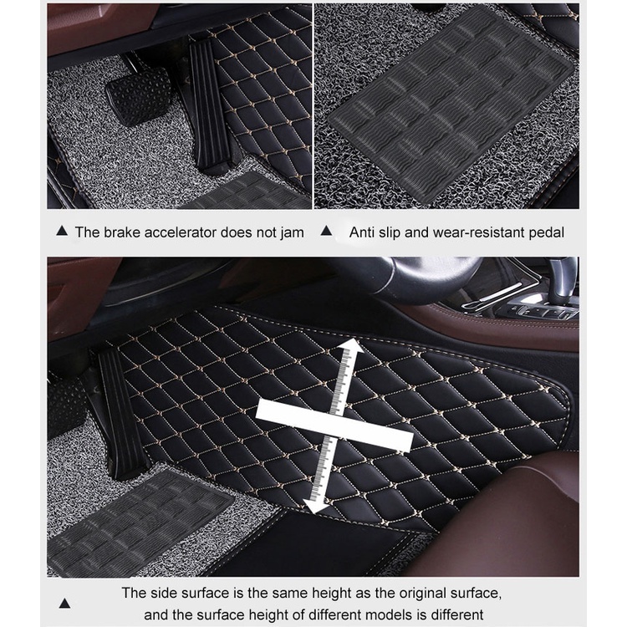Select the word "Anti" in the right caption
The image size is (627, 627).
362,232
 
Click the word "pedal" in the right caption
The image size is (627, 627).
547,232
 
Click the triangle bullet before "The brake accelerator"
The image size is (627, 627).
62,231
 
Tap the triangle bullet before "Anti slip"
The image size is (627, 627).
326,231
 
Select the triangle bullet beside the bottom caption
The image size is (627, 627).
64,604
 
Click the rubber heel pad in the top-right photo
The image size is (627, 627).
451,104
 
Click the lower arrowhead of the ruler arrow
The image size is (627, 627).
315,506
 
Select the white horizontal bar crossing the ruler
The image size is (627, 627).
334,426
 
